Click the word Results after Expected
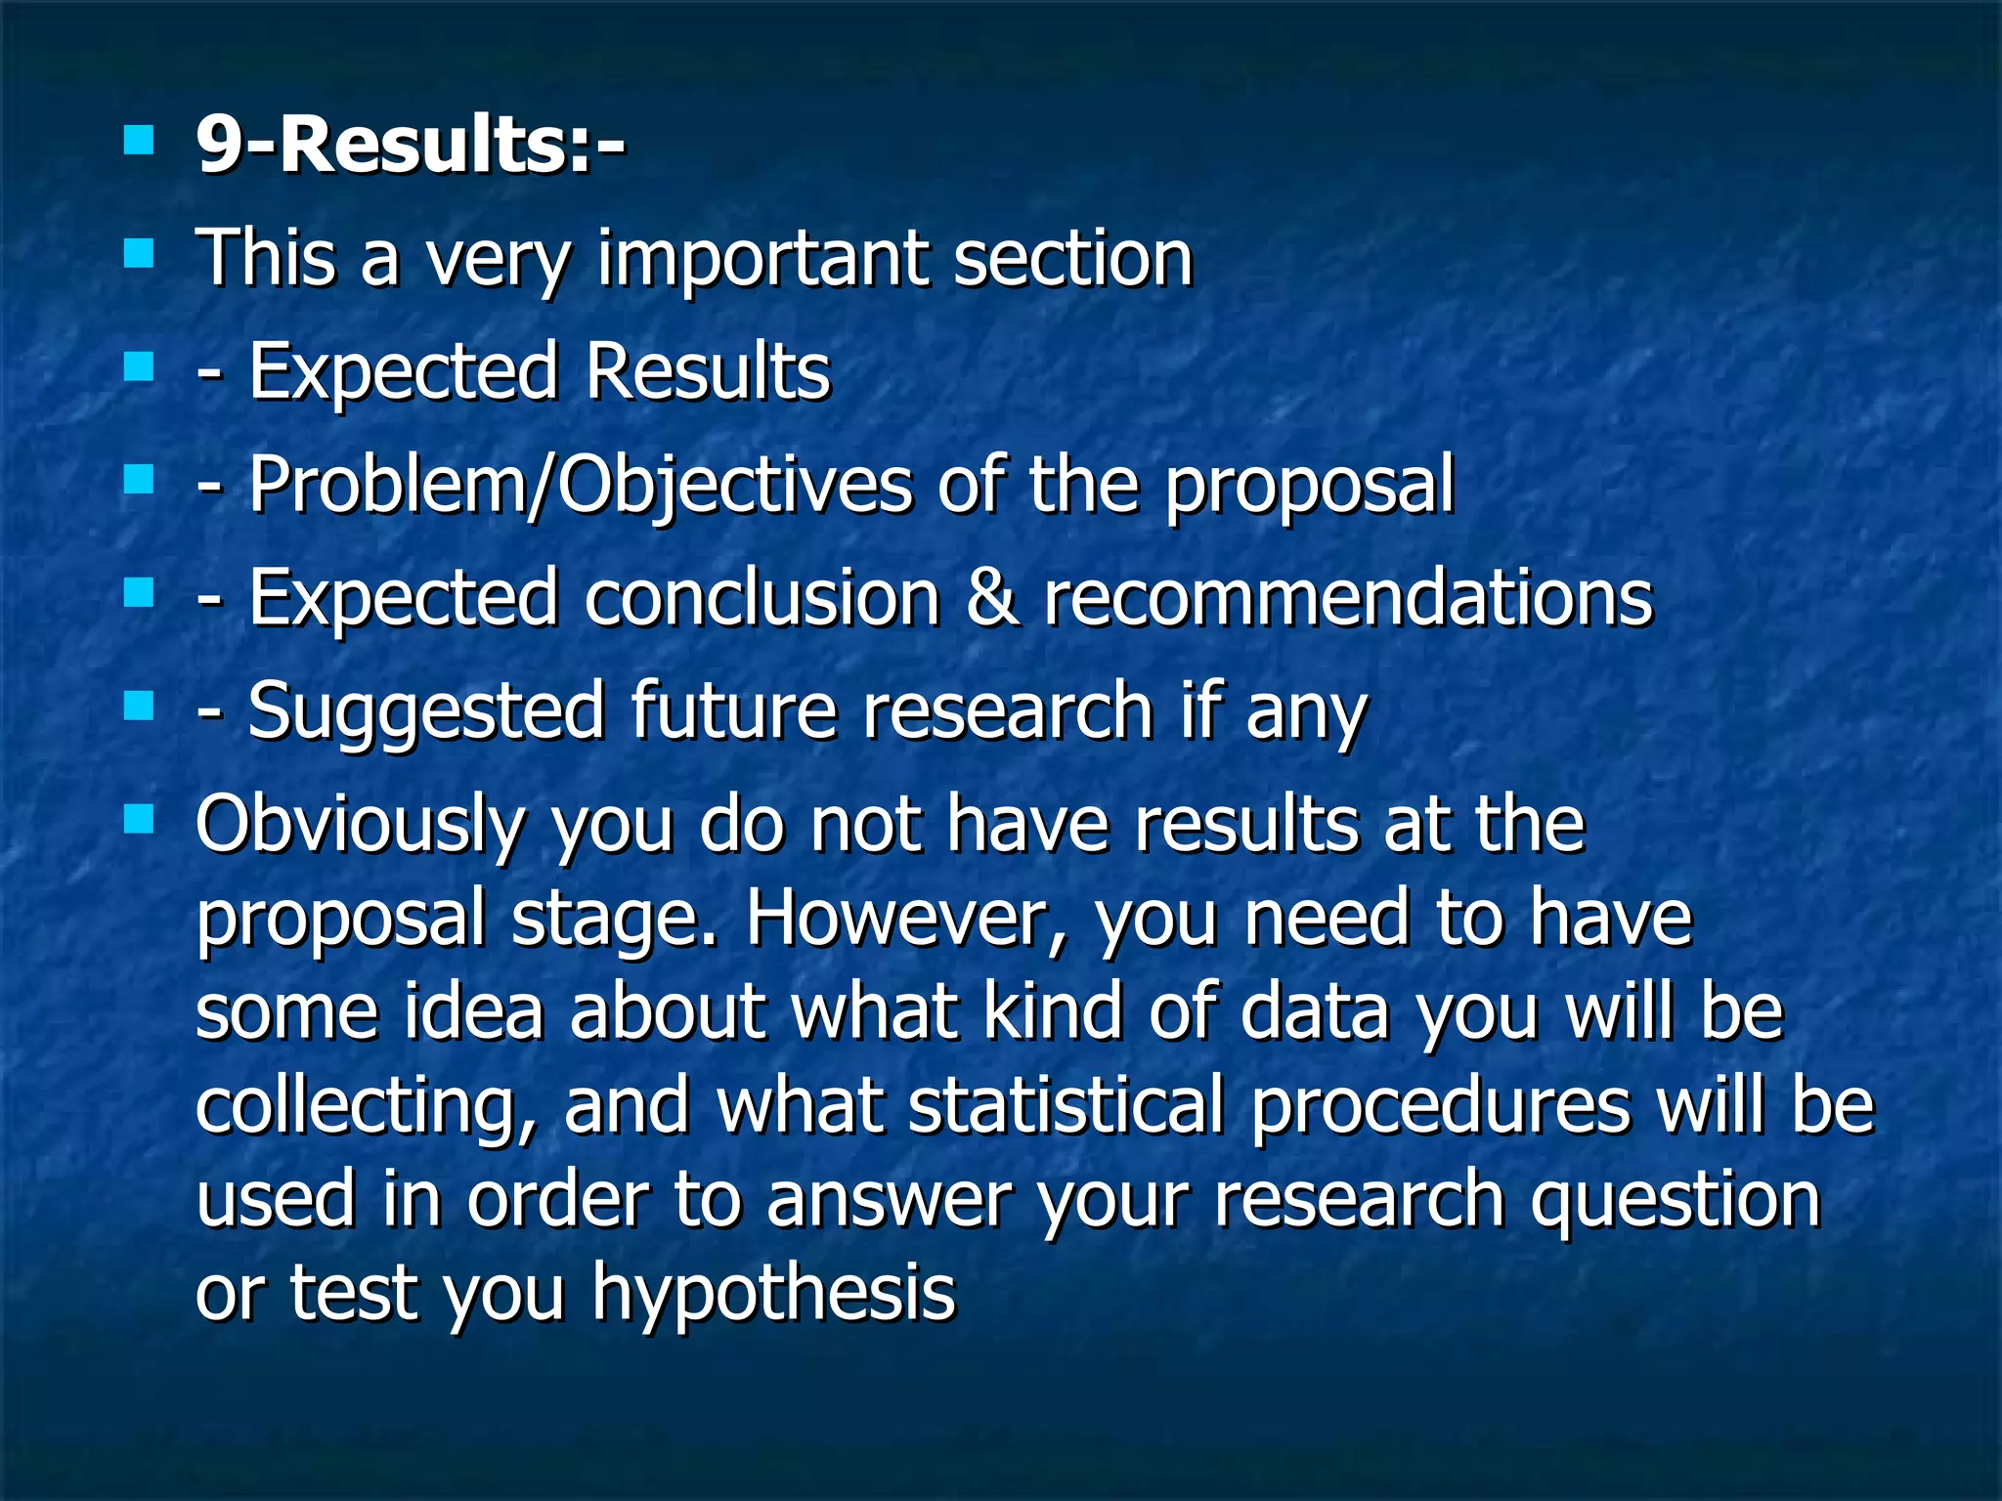tap(708, 372)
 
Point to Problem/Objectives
tap(580, 486)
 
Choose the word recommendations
tap(1348, 598)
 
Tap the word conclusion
tap(762, 598)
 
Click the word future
tap(733, 711)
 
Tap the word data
tap(1314, 1011)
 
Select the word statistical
tap(1066, 1105)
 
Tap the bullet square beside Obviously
tap(140, 818)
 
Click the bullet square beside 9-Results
tap(140, 141)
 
